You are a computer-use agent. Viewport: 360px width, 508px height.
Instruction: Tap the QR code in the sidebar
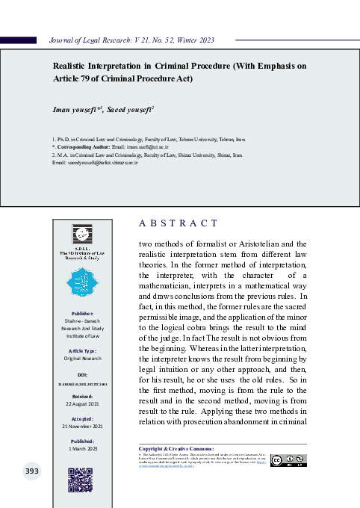[80, 479]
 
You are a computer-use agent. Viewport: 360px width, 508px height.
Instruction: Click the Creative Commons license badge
[288, 460]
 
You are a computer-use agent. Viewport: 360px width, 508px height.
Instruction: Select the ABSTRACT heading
[179, 223]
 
